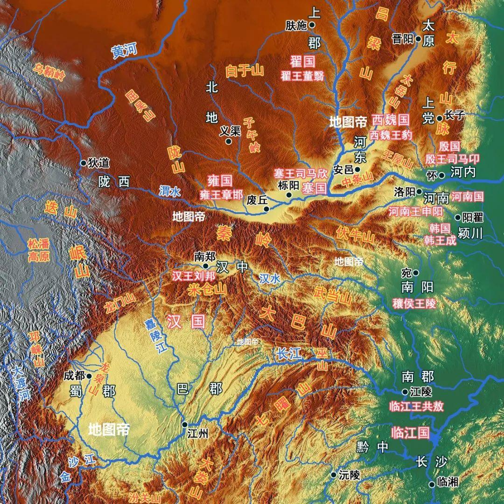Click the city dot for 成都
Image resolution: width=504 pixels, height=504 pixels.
point(89,376)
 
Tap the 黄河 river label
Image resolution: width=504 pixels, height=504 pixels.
point(125,51)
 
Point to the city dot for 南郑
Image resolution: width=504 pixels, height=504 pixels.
point(205,266)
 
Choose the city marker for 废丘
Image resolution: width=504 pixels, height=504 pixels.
point(266,209)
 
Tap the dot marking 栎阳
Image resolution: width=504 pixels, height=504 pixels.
point(289,195)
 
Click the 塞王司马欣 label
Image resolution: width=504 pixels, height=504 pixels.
point(301,173)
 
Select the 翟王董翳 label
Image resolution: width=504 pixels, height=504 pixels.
point(302,76)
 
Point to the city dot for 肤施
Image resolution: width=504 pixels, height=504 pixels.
point(312,25)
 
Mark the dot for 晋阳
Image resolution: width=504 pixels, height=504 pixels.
point(419,39)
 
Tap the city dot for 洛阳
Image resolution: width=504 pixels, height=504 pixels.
point(419,191)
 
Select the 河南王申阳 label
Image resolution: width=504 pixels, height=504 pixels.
point(416,211)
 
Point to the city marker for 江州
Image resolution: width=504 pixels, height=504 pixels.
point(185,425)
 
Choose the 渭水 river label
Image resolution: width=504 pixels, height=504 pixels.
point(170,191)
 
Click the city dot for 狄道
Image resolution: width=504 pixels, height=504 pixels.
point(83,163)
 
